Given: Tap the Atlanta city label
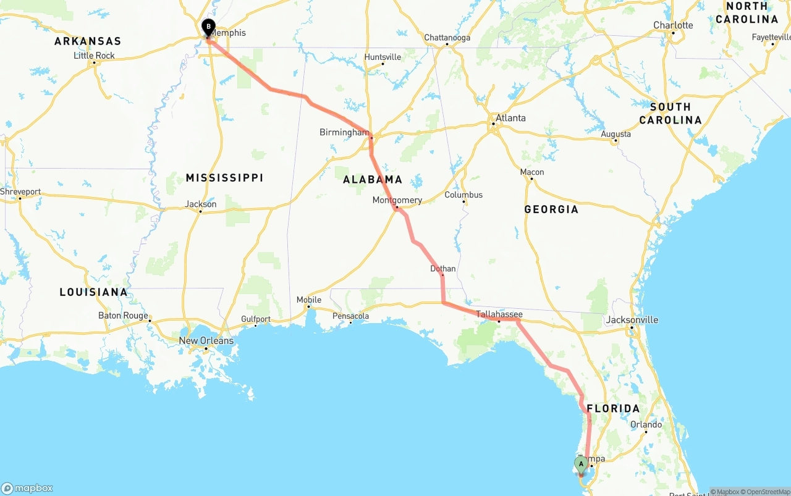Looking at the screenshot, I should click(510, 118).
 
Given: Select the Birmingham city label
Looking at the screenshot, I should click(344, 132).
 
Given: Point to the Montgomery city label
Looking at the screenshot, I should click(397, 200).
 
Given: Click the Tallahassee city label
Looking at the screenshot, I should click(499, 314).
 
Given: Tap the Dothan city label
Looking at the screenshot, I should click(442, 269).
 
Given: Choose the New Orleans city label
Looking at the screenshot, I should click(206, 340).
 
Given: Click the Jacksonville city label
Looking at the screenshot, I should click(632, 320).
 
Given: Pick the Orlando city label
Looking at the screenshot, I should click(646, 424).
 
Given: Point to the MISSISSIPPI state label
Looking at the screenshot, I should click(224, 178).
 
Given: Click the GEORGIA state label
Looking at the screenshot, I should click(551, 209).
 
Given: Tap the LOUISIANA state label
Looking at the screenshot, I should click(93, 292).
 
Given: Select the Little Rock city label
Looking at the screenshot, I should click(94, 55).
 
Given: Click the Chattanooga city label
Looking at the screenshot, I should click(447, 38).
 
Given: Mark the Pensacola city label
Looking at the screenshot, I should click(350, 316).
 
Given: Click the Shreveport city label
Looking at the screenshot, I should click(20, 191).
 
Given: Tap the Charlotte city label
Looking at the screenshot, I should click(673, 25).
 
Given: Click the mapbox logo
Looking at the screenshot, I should click(27, 488).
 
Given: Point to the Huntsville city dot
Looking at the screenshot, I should click(383, 64).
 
